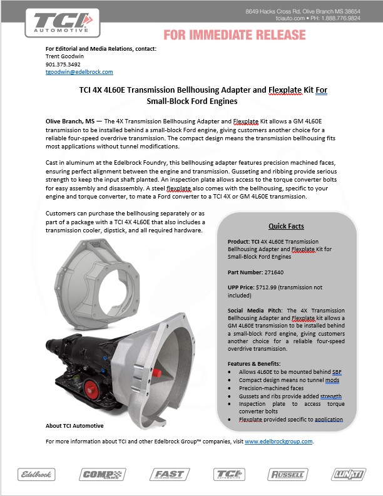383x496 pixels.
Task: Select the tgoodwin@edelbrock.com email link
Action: [79, 72]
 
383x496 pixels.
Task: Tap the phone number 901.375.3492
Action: [63, 64]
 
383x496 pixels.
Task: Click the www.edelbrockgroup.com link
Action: [278, 442]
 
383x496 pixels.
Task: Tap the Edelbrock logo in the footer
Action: [36, 474]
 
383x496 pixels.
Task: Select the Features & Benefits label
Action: [254, 363]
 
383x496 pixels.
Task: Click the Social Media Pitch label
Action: [255, 310]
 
